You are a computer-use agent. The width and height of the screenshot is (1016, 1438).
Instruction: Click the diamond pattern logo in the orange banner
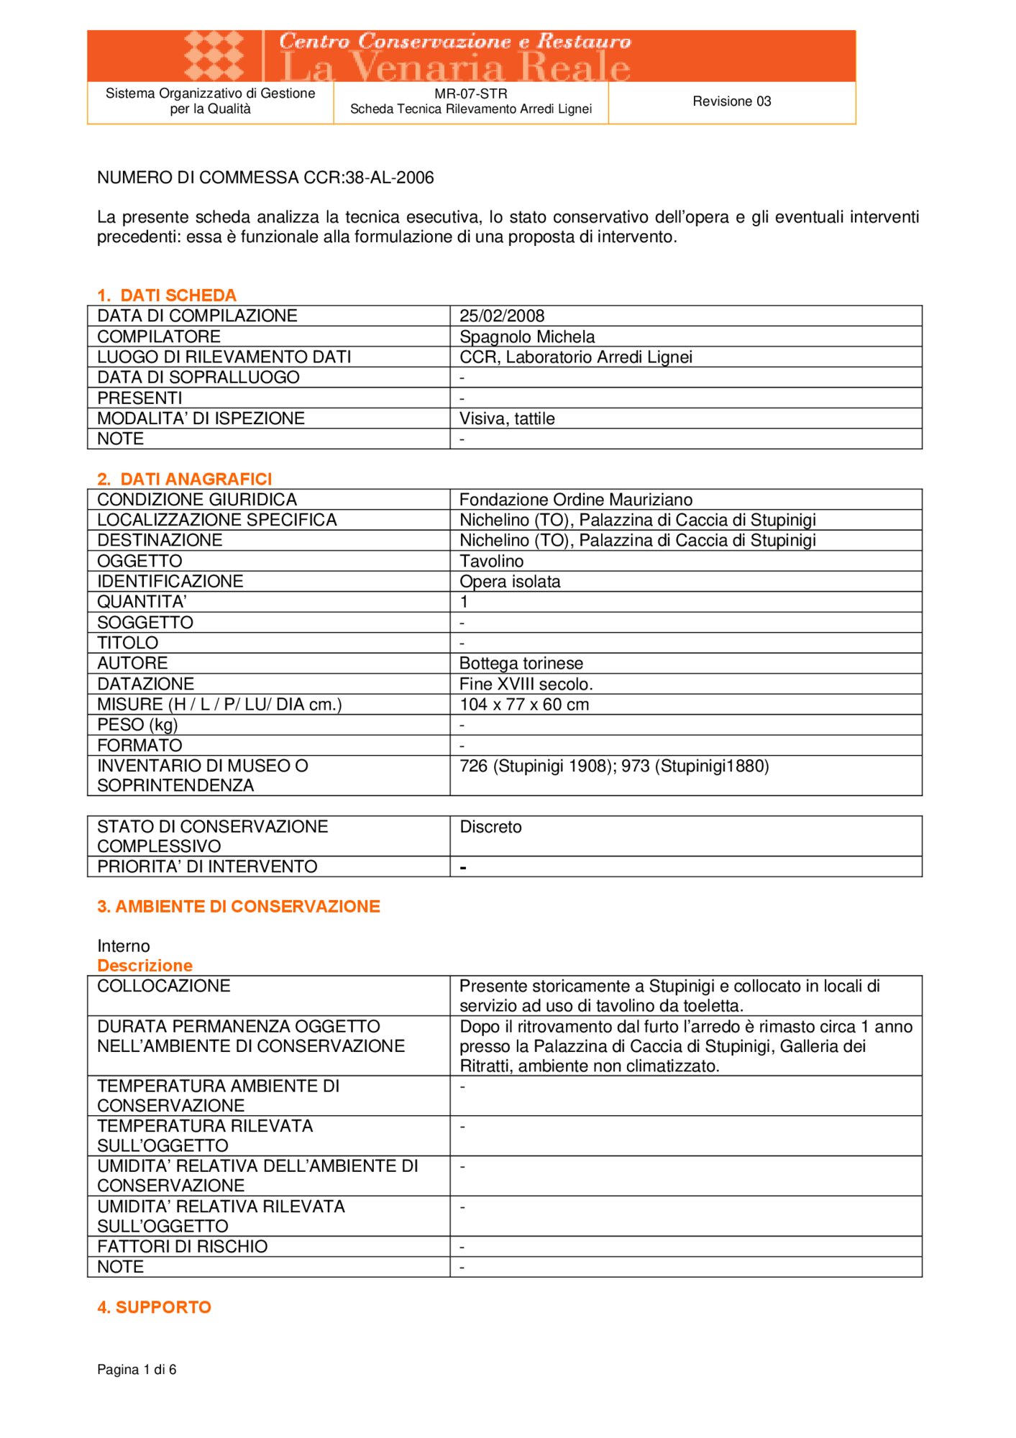click(x=214, y=55)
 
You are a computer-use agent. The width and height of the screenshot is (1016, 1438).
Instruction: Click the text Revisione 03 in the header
click(x=731, y=101)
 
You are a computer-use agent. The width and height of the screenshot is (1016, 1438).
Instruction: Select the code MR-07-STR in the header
click(x=470, y=93)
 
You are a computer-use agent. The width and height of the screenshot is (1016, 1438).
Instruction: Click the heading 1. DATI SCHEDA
click(x=166, y=295)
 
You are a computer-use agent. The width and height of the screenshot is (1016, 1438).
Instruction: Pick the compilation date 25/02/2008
click(x=501, y=316)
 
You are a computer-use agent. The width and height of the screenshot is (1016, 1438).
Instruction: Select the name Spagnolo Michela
click(x=526, y=336)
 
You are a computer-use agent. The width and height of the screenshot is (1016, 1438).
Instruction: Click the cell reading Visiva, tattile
click(x=506, y=418)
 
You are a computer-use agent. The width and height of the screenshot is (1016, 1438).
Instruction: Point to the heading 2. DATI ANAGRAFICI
click(x=184, y=479)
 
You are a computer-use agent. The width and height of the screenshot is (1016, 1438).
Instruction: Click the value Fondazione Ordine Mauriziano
click(x=575, y=500)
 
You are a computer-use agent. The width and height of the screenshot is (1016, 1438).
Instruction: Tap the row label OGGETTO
click(x=139, y=561)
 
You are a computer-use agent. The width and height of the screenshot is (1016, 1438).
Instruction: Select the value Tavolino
click(x=491, y=561)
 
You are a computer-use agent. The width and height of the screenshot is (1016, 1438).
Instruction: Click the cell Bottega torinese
click(x=521, y=663)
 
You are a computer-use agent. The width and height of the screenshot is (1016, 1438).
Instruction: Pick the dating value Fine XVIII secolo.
click(x=526, y=684)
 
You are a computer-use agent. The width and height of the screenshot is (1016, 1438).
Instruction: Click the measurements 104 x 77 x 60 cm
click(x=523, y=704)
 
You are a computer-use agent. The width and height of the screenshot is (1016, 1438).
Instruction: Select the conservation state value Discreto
click(x=490, y=827)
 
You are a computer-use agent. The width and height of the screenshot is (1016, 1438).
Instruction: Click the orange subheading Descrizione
click(x=145, y=966)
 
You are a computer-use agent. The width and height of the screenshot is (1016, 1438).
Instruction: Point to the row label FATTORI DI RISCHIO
click(x=182, y=1246)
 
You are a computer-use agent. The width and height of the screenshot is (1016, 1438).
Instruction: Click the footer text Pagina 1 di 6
click(x=137, y=1369)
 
